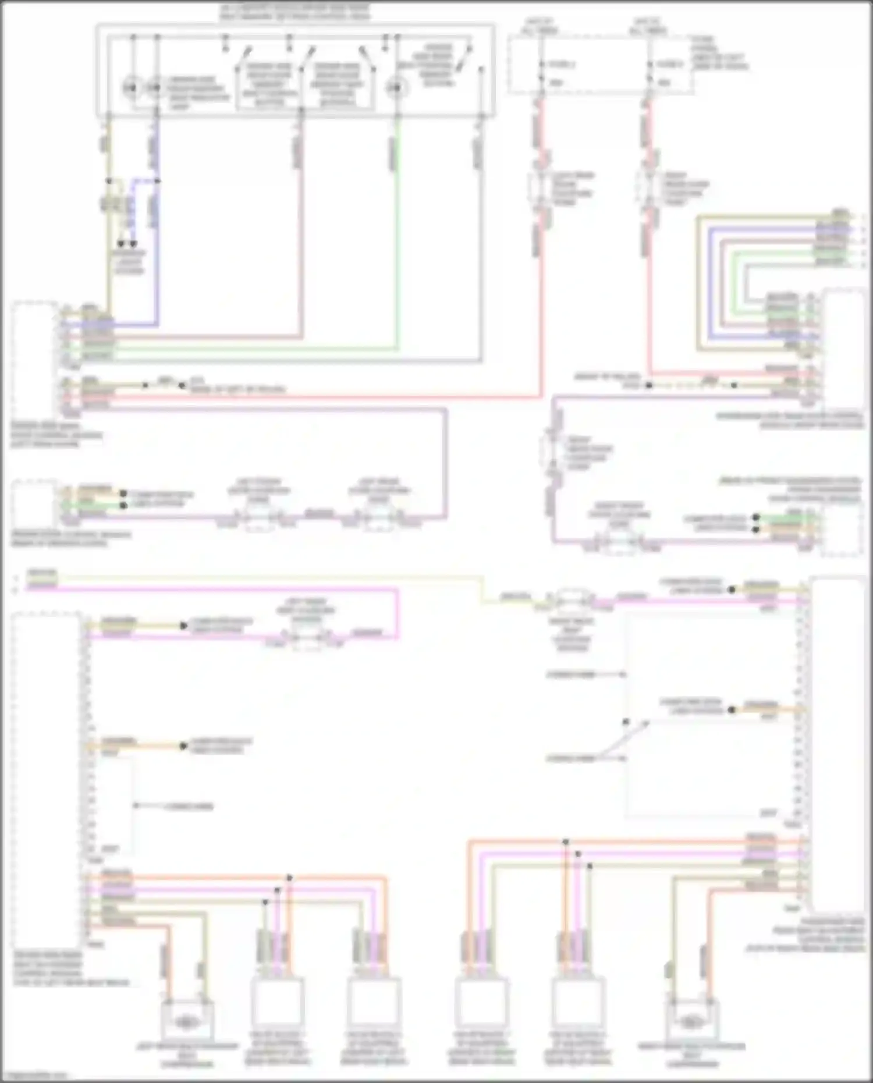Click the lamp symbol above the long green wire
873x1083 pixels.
coord(398,88)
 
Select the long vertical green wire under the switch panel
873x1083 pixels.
coord(398,244)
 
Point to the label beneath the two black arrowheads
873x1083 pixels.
coord(129,262)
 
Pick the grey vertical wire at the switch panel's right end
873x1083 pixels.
coord(481,244)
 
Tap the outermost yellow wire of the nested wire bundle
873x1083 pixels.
coord(698,279)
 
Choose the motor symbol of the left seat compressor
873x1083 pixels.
coord(186,1022)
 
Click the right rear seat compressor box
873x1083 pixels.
coord(691,1022)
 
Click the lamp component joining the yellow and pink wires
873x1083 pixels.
coord(572,599)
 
